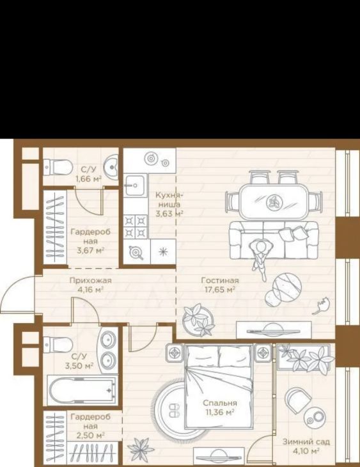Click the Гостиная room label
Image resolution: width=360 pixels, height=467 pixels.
click(x=220, y=280)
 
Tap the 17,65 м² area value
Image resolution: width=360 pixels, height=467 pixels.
click(x=220, y=289)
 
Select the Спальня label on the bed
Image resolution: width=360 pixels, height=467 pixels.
click(x=220, y=403)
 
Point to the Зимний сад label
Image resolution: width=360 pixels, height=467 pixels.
click(x=306, y=441)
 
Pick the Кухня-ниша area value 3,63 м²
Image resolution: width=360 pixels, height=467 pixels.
click(x=169, y=213)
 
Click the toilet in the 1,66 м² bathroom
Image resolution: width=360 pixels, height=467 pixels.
click(x=58, y=168)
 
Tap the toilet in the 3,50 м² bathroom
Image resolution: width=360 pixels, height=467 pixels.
click(x=58, y=345)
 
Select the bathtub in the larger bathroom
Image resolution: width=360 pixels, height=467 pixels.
click(x=82, y=390)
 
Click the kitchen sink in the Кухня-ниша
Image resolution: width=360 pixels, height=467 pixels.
click(x=136, y=186)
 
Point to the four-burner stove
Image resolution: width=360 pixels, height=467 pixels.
click(x=136, y=226)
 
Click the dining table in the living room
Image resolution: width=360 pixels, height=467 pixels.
click(x=273, y=202)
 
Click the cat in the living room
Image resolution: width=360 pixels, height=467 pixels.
click(x=321, y=306)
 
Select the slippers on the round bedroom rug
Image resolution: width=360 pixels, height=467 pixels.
click(x=174, y=410)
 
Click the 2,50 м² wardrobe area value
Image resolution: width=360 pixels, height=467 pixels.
click(x=91, y=436)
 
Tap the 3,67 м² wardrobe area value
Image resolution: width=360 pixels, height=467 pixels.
click(x=91, y=251)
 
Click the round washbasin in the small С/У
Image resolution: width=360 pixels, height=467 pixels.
click(x=111, y=168)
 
